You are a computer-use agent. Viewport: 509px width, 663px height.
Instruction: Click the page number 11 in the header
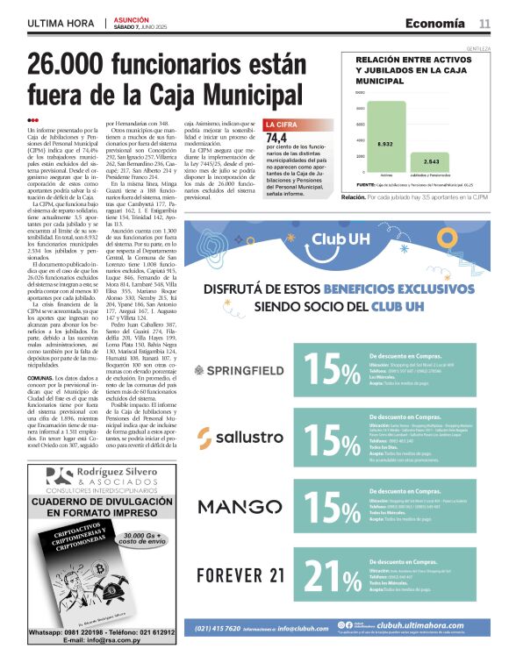coord(484,23)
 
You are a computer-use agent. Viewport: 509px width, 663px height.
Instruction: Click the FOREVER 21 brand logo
coord(240,575)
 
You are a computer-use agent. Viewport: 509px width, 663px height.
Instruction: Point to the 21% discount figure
coord(333,576)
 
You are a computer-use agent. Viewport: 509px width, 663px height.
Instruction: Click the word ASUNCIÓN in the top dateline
coord(131,18)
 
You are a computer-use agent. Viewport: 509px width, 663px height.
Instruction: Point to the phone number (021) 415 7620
coord(218,627)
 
